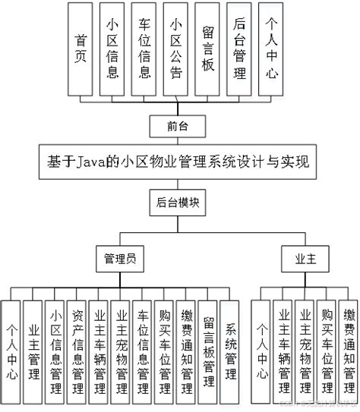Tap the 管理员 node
click(x=119, y=258)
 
